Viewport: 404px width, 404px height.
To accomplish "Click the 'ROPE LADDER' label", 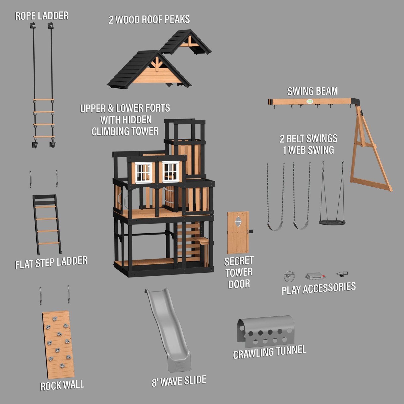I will (42, 16).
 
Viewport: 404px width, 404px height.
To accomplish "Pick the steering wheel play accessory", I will (289, 276).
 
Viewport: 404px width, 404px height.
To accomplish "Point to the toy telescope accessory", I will (342, 273).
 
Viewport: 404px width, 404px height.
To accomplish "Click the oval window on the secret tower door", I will (238, 222).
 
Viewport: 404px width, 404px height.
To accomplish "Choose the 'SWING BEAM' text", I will (312, 91).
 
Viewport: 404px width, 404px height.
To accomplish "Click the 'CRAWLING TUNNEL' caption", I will (269, 352).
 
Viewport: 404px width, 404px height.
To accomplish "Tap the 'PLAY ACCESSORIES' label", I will (318, 288).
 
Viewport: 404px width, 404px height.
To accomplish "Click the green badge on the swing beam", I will (310, 102).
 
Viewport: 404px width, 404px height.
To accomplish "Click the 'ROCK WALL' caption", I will (62, 385).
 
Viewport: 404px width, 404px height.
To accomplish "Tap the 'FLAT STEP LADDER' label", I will (51, 263).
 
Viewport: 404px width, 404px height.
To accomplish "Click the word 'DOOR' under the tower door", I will (239, 284).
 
